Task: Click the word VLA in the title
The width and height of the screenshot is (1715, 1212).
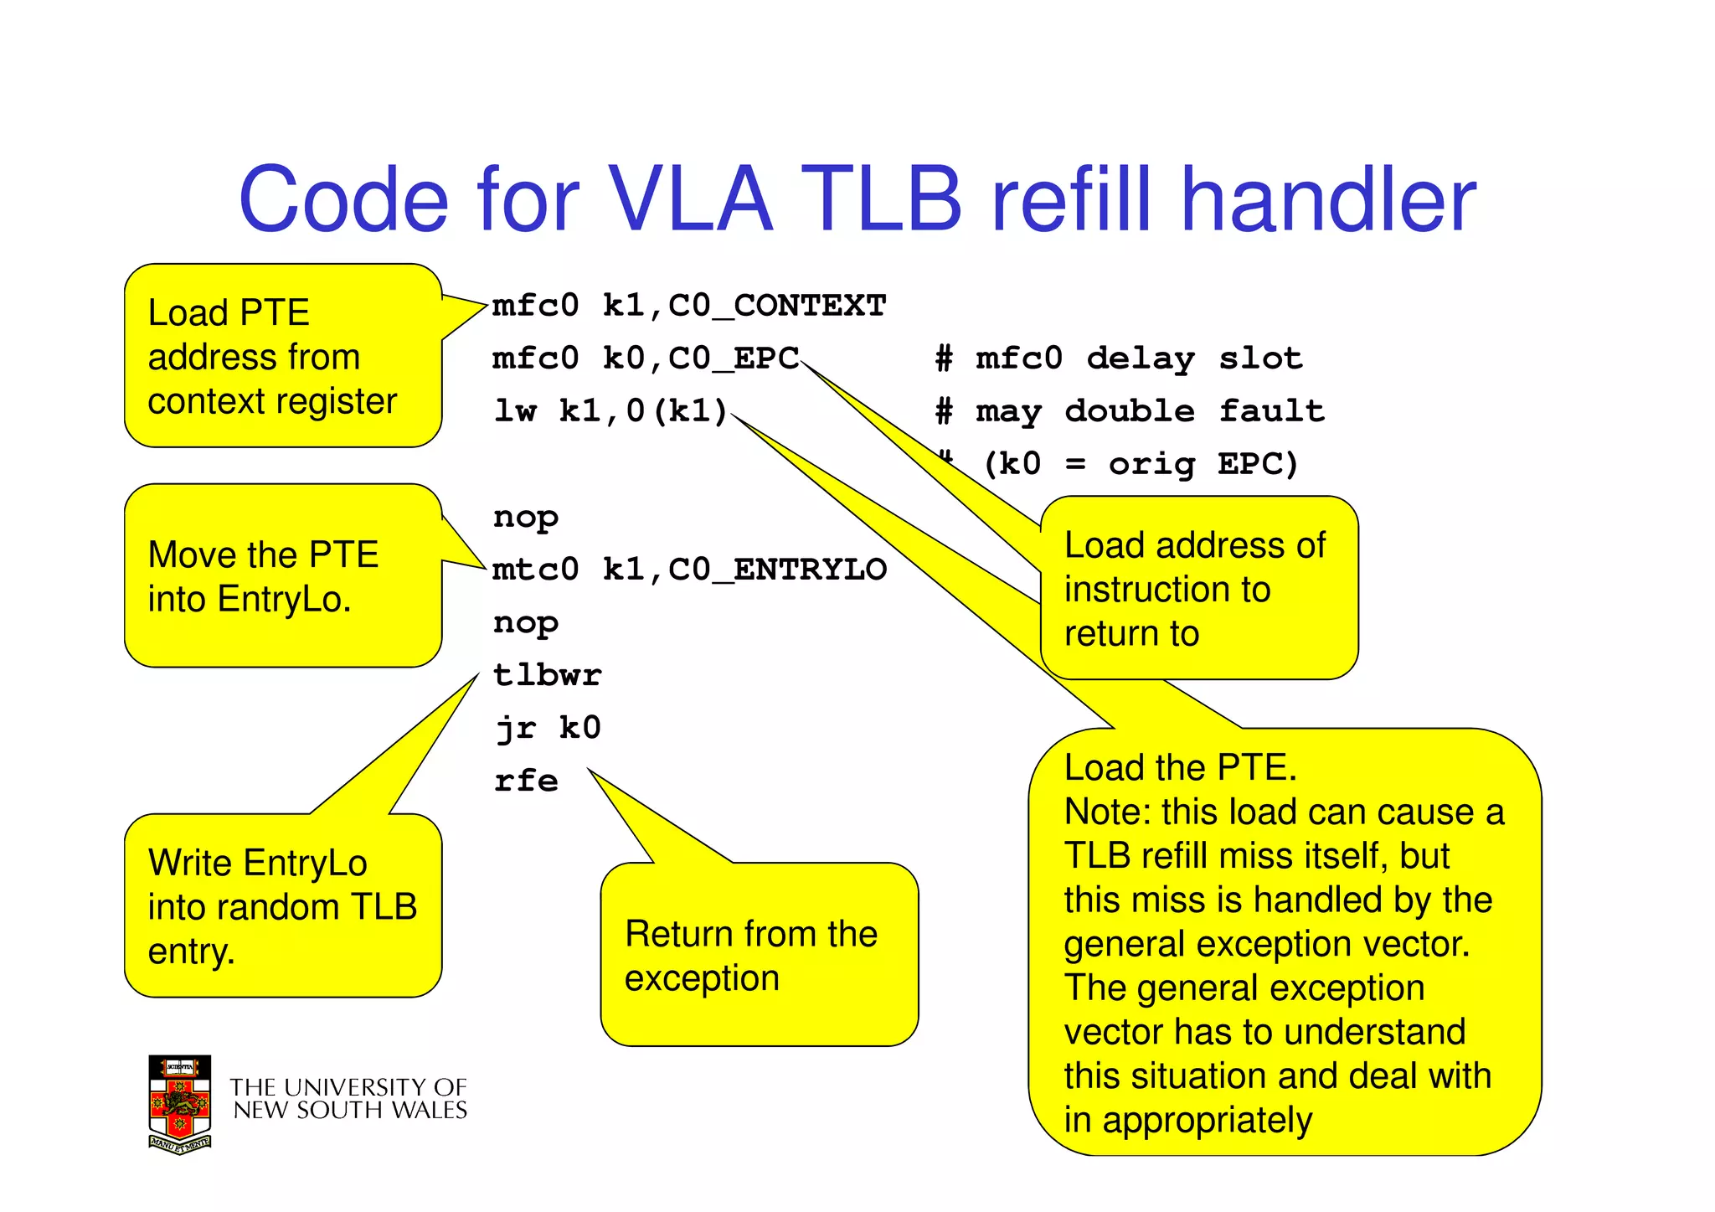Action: pyautogui.click(x=689, y=200)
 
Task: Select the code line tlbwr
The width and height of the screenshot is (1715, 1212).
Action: pyautogui.click(x=548, y=675)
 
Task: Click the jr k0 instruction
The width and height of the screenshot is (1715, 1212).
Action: pyautogui.click(x=548, y=728)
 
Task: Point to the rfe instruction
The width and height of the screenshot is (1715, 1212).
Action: pyautogui.click(x=526, y=781)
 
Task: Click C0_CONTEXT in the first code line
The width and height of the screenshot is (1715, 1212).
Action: pyautogui.click(x=777, y=306)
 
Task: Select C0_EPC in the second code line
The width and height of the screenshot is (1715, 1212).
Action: pyautogui.click(x=734, y=358)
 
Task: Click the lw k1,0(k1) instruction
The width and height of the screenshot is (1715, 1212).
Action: pyautogui.click(x=610, y=411)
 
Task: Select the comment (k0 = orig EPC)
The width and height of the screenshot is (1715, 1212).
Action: pyautogui.click(x=1141, y=464)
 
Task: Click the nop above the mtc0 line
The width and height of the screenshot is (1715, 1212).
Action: pyautogui.click(x=526, y=517)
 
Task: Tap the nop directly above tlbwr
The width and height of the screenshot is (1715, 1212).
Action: pyautogui.click(x=526, y=622)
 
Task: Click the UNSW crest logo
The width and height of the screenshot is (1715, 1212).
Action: pyautogui.click(x=179, y=1104)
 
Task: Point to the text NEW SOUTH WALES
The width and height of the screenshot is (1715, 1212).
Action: pyautogui.click(x=350, y=1111)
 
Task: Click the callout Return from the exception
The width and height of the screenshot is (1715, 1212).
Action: pyautogui.click(x=750, y=956)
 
